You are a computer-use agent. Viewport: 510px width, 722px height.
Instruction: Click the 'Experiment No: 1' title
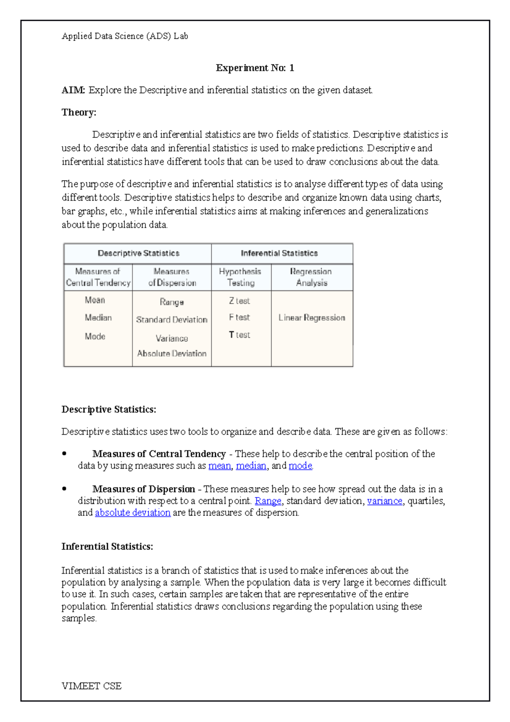(x=255, y=68)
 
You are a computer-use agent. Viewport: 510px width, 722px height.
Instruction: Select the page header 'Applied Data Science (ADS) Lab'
(x=125, y=36)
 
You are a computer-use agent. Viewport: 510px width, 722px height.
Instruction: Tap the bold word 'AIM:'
(x=73, y=90)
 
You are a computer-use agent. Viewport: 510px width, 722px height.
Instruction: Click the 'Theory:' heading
(x=79, y=112)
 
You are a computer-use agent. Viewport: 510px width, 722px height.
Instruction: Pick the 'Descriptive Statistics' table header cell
(x=138, y=253)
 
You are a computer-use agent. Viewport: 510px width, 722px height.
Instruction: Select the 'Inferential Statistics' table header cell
(x=279, y=253)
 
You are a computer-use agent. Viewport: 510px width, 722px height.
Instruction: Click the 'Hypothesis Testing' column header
(x=240, y=277)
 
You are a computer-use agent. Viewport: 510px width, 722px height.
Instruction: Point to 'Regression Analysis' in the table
(x=311, y=277)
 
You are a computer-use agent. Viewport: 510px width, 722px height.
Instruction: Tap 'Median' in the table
(x=98, y=318)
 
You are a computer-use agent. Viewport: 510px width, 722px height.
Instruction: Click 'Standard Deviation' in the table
(x=172, y=320)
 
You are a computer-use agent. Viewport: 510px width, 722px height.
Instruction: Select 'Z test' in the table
(x=239, y=301)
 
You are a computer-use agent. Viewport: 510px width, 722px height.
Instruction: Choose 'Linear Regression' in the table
(x=312, y=318)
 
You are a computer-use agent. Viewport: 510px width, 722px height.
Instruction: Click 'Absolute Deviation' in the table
(x=172, y=354)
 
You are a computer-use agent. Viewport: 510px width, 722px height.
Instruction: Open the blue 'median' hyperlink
(x=251, y=466)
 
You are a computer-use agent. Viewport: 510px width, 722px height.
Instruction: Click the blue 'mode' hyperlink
(x=300, y=466)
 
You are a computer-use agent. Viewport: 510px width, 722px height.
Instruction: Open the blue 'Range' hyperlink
(x=268, y=501)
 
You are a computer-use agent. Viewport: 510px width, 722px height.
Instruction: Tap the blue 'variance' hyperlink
(x=384, y=501)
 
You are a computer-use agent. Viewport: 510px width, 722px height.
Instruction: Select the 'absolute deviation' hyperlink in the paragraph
(x=133, y=513)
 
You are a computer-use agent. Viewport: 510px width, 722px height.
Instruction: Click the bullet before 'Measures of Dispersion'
(x=64, y=489)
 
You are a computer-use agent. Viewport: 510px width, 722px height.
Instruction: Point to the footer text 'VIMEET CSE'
(x=91, y=686)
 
